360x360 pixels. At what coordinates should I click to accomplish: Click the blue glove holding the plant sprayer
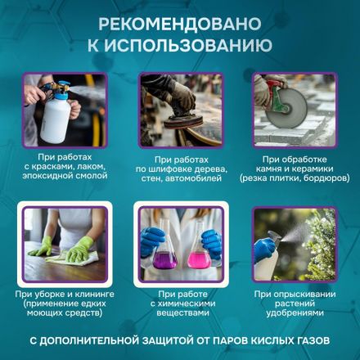pyautogui.click(x=263, y=250)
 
